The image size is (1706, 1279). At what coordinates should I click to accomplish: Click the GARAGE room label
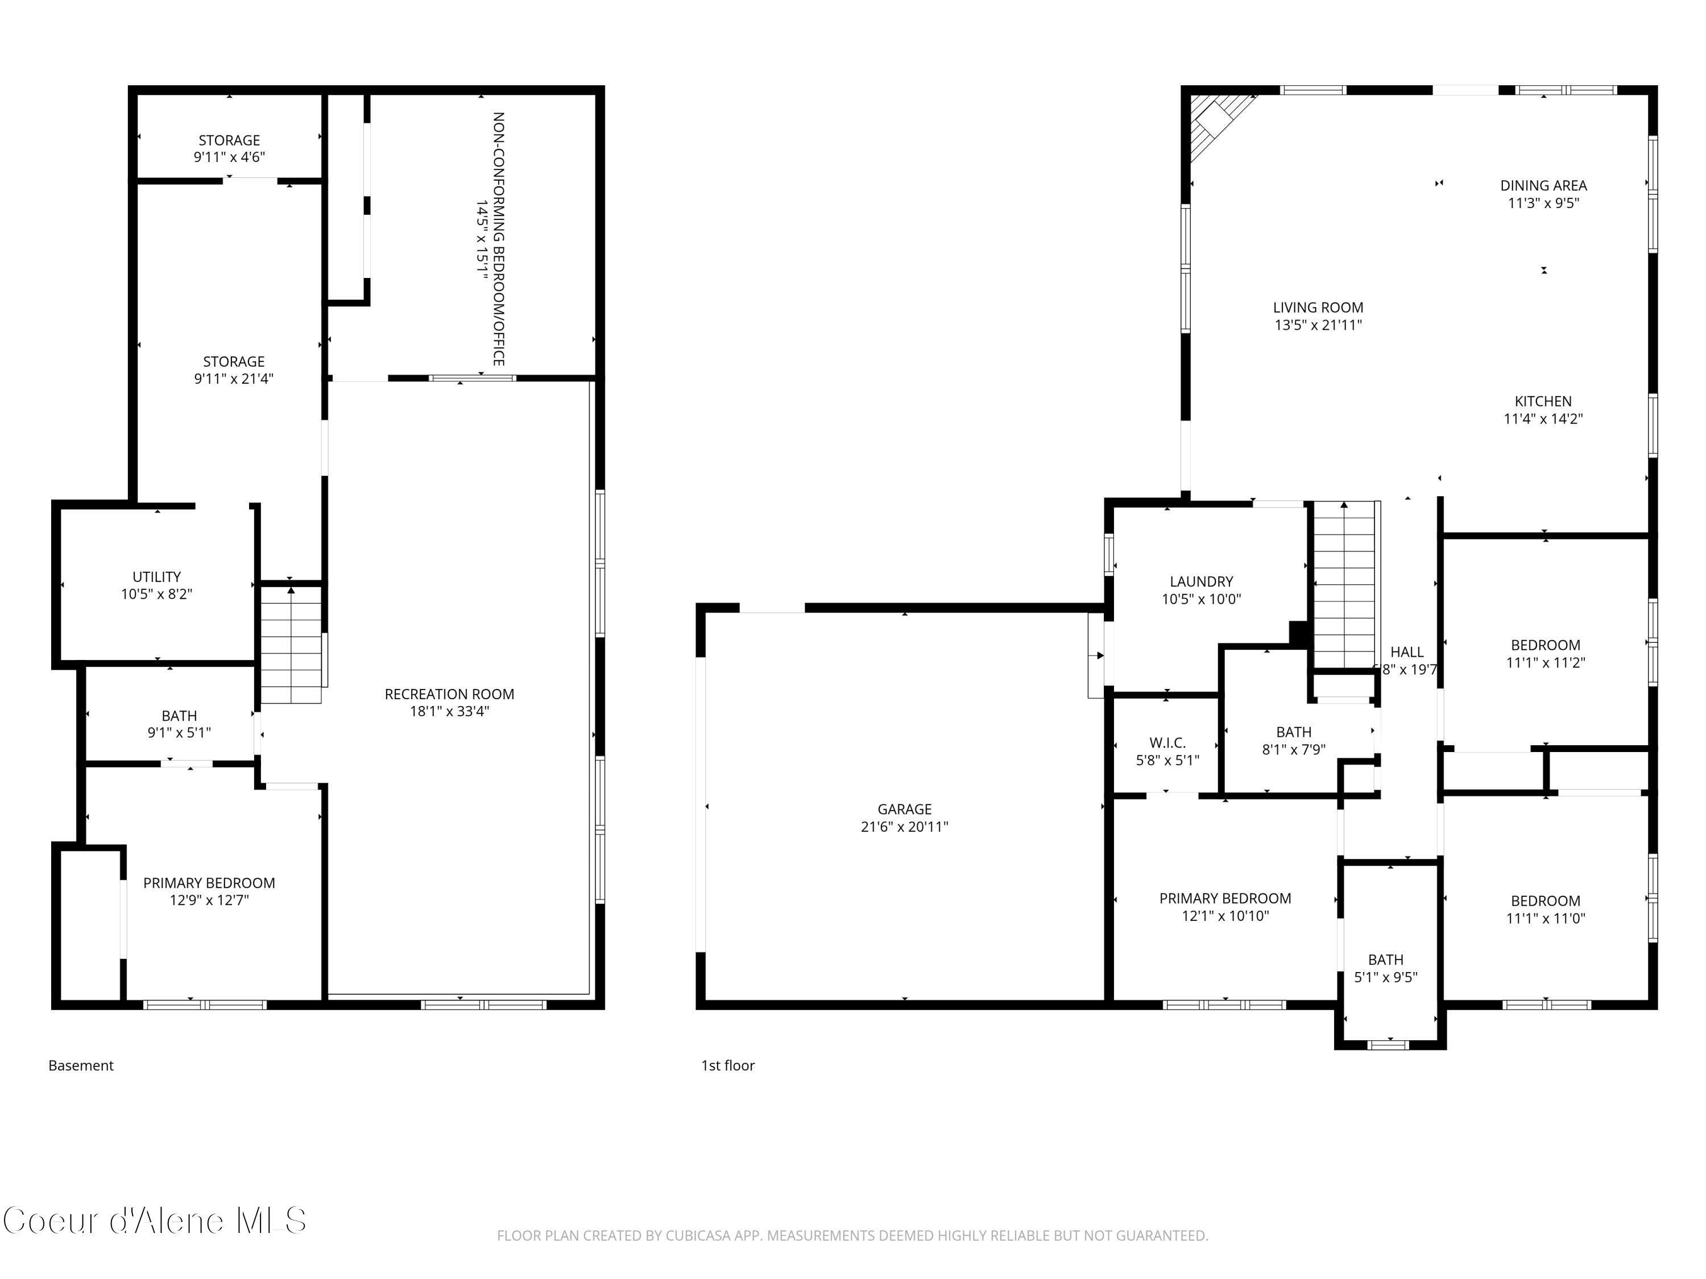click(904, 809)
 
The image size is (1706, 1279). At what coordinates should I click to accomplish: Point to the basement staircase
click(291, 643)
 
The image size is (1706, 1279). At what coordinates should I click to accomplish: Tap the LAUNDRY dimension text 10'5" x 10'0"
click(1201, 599)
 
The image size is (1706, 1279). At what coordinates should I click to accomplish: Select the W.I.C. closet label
click(1167, 742)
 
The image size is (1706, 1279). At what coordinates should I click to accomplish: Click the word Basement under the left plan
click(81, 1065)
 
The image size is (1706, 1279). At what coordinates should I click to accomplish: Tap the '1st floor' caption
click(727, 1065)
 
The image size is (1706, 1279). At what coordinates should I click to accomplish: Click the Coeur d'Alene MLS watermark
click(154, 1220)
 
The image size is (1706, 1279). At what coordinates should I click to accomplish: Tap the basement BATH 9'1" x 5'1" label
click(179, 724)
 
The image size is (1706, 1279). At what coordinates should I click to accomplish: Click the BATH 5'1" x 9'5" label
click(1385, 968)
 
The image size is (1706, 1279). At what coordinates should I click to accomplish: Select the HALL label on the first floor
click(1407, 652)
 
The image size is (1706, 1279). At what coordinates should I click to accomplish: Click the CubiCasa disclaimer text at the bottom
click(852, 1236)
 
